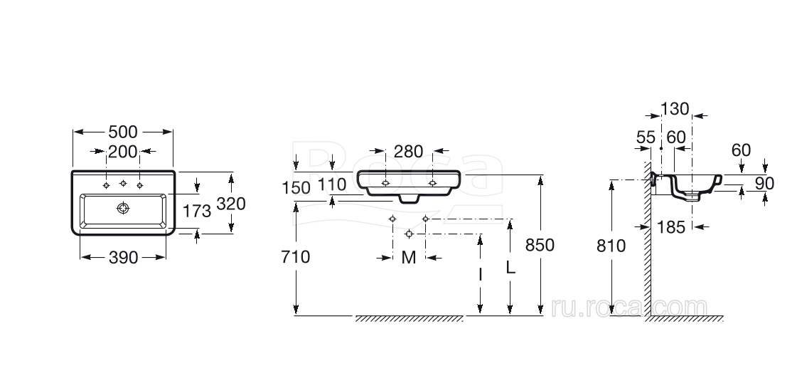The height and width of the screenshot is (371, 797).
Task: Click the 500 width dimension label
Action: click(123, 132)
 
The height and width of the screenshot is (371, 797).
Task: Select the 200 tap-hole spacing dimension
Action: click(123, 151)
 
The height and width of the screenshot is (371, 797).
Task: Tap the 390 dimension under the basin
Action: click(124, 258)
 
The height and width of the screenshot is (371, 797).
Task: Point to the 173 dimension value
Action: click(197, 211)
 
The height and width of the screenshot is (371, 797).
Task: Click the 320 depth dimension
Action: click(231, 204)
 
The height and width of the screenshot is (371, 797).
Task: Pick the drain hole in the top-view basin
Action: click(123, 208)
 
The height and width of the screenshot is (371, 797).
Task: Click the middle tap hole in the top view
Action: click(123, 183)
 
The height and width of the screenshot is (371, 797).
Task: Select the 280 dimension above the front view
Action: click(409, 151)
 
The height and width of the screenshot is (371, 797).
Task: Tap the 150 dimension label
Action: click(296, 188)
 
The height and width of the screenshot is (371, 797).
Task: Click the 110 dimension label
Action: click(332, 184)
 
